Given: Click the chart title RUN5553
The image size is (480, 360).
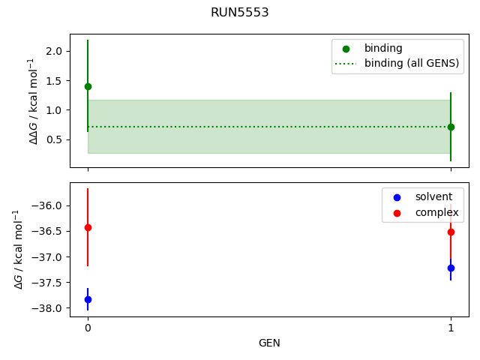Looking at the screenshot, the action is click(240, 13).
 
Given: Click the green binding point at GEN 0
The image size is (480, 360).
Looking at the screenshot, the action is click(88, 86).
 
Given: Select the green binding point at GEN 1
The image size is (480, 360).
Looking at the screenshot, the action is click(451, 127).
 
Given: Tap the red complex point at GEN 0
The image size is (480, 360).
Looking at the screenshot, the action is click(88, 227).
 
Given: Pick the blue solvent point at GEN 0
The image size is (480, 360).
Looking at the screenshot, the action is click(88, 299).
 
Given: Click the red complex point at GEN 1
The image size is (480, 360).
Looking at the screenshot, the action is click(451, 232).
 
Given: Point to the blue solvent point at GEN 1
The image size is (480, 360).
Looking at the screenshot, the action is click(451, 268).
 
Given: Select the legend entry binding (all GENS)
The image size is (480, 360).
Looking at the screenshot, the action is click(411, 64).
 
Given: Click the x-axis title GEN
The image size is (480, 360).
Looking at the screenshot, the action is click(269, 343).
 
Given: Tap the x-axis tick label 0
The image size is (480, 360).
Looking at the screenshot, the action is click(88, 328).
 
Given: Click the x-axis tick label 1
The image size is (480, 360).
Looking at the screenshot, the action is click(451, 328).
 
